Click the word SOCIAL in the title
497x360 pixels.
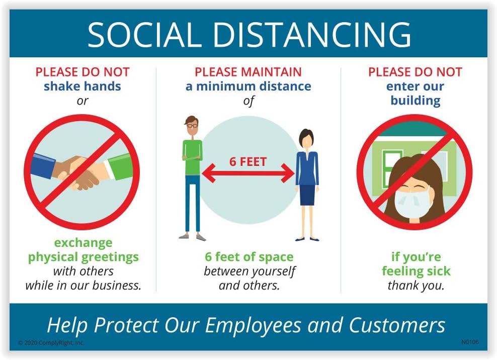[x=144, y=35]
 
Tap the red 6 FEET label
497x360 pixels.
[x=248, y=161]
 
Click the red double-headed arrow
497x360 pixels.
[x=248, y=173]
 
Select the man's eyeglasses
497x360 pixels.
[x=192, y=126]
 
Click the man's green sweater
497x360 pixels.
[x=192, y=157]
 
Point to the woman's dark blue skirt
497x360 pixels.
[x=307, y=195]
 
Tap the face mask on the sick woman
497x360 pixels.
[x=412, y=203]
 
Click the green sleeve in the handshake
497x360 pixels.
[x=121, y=166]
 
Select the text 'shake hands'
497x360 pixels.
[x=82, y=86]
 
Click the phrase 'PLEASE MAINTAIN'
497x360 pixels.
[x=248, y=72]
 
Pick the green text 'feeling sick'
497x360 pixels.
[x=416, y=271]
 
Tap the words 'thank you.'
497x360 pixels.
[x=416, y=286]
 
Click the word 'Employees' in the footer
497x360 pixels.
[x=253, y=325]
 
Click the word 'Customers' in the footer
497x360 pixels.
[x=397, y=325]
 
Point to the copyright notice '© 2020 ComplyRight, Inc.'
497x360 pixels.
[x=51, y=343]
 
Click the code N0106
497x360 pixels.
[x=470, y=342]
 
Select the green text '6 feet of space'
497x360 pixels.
[x=249, y=257]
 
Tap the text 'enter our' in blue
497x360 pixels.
[x=415, y=86]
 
